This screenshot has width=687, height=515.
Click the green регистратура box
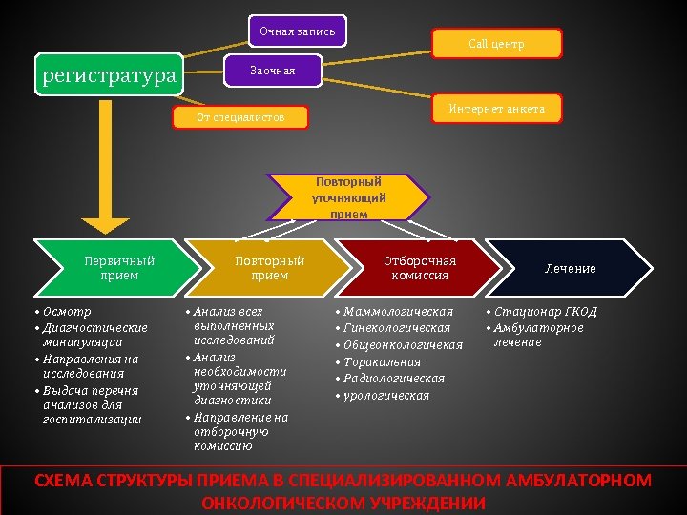109,74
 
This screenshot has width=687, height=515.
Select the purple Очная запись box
298,31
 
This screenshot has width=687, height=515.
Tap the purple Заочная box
273,71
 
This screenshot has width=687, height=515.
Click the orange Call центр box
496,44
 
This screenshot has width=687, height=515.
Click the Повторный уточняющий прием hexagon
348,197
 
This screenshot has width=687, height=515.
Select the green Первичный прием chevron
119,268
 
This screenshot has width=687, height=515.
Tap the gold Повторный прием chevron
270,268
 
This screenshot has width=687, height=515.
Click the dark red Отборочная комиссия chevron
420,268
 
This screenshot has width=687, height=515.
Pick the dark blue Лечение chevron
571,268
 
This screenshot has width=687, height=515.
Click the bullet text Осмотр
67,312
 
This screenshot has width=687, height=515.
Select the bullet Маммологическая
398,312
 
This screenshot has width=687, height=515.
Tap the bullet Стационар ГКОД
546,312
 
